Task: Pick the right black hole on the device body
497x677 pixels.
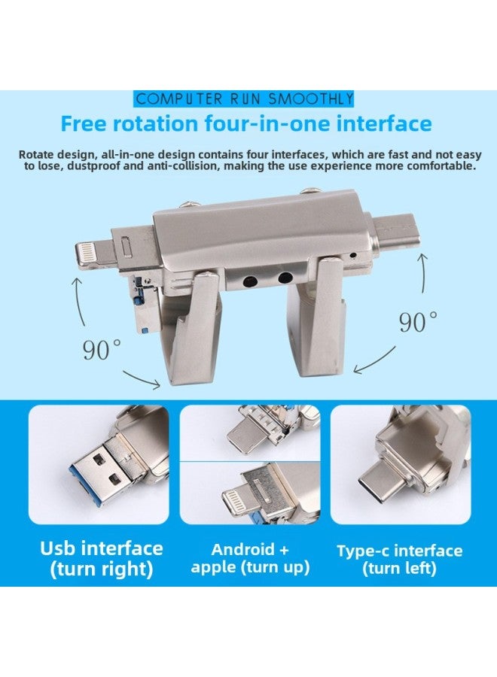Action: point(285,278)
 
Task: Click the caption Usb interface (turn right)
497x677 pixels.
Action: point(101,558)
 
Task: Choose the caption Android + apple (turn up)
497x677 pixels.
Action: point(250,558)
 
